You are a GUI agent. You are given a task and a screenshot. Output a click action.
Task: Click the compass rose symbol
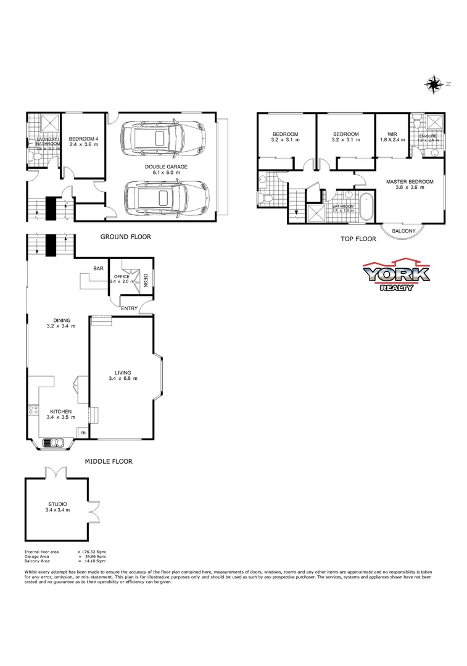(x=434, y=84)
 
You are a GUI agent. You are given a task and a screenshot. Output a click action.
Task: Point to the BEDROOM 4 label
(x=83, y=139)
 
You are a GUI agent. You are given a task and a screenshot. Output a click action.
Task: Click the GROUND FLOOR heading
(x=125, y=237)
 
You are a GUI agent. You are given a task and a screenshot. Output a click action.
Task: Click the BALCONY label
(x=405, y=231)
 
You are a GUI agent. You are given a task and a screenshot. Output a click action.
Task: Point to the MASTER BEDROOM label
(x=410, y=182)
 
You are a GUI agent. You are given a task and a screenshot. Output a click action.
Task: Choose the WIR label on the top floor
(x=392, y=134)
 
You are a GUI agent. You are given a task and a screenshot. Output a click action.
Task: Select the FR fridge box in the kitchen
(x=83, y=434)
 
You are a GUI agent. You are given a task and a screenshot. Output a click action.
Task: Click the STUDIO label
(x=57, y=504)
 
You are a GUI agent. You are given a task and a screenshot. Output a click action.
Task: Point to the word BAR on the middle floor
(x=98, y=268)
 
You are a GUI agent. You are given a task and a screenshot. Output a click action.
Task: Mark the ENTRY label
(x=129, y=308)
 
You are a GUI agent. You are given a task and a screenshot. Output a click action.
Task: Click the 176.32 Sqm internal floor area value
(x=93, y=551)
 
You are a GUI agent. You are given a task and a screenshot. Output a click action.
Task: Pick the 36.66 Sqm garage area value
(x=93, y=556)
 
